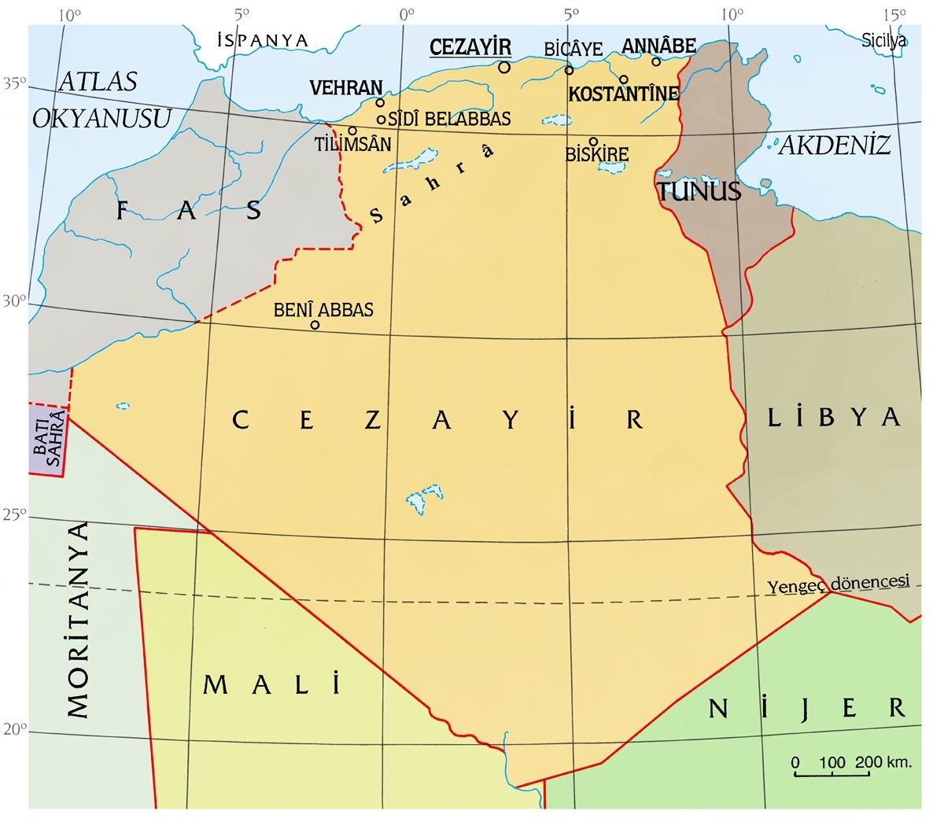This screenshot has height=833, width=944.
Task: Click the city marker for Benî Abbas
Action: point(315,325)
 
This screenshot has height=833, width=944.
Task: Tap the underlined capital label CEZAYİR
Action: point(470,47)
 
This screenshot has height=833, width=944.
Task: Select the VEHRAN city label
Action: point(346,87)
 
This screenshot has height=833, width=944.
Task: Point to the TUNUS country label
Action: point(699,191)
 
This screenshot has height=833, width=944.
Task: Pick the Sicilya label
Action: point(884,40)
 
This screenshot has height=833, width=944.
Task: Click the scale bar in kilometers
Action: point(832,773)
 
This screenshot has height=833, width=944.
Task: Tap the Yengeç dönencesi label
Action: point(838,583)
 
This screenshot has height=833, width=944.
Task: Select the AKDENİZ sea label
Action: point(834,145)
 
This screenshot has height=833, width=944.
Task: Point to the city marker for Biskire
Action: point(594,142)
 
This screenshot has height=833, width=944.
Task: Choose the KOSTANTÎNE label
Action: point(623,94)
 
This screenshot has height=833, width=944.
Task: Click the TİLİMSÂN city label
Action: point(352,144)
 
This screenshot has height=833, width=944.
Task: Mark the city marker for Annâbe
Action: point(656,61)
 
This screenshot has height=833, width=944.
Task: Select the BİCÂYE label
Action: point(573,49)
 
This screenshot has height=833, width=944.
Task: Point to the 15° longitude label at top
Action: point(893,13)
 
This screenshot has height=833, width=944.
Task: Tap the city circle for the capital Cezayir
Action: point(504,67)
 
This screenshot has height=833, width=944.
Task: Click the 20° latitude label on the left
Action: point(15,728)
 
